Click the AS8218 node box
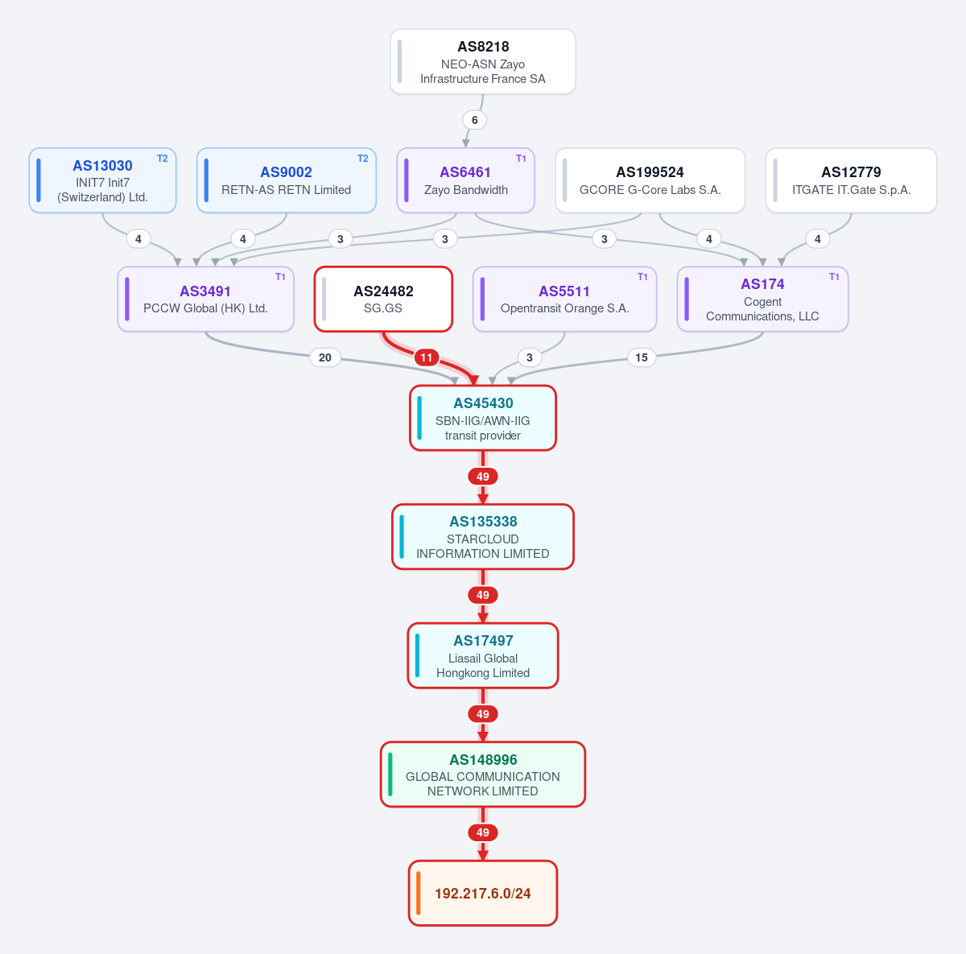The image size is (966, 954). pyautogui.click(x=483, y=62)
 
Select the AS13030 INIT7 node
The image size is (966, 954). pyautogui.click(x=103, y=180)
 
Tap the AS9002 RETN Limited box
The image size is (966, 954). pyautogui.click(x=287, y=180)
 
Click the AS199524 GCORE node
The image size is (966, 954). pyautogui.click(x=650, y=180)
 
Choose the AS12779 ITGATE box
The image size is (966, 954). pyautogui.click(x=851, y=180)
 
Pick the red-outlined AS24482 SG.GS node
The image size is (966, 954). pyautogui.click(x=383, y=299)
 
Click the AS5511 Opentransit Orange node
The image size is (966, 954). pyautogui.click(x=564, y=299)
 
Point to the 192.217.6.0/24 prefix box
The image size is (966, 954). pyautogui.click(x=483, y=893)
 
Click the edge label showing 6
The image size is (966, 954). pyautogui.click(x=474, y=120)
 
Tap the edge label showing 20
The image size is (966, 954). pyautogui.click(x=325, y=357)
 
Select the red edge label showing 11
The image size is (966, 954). pyautogui.click(x=427, y=357)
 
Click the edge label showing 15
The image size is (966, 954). pyautogui.click(x=642, y=357)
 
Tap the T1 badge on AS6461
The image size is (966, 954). pyautogui.click(x=521, y=159)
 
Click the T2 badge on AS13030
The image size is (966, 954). pyautogui.click(x=163, y=159)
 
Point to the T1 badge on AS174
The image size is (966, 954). pyautogui.click(x=834, y=277)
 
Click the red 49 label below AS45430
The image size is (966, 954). pyautogui.click(x=483, y=477)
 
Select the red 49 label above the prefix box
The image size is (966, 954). pyautogui.click(x=483, y=832)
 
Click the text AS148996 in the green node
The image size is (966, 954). pyautogui.click(x=483, y=759)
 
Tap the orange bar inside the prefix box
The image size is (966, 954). pyautogui.click(x=419, y=893)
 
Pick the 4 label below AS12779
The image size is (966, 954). pyautogui.click(x=818, y=239)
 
